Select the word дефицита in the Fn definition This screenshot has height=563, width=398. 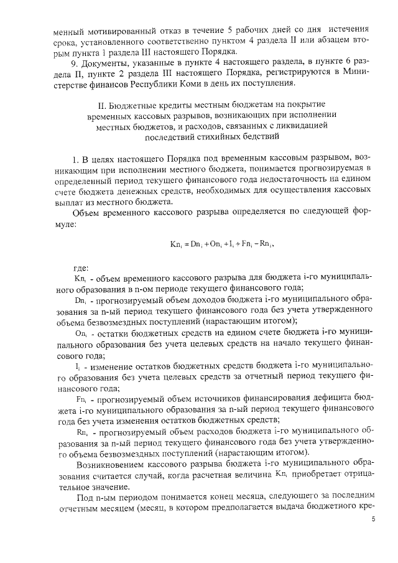point(325,396)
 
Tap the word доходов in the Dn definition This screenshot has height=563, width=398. point(183,300)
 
